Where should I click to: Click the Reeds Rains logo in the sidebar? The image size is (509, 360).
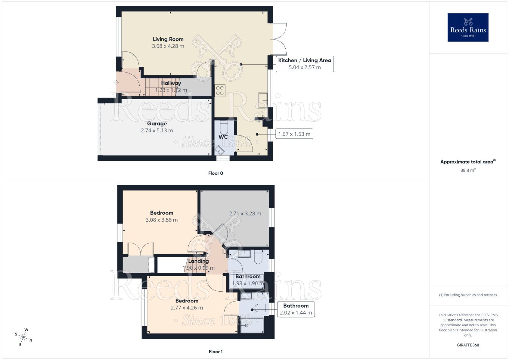click(x=468, y=27)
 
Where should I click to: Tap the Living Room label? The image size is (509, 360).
click(x=168, y=39)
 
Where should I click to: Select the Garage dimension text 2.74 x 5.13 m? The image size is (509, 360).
click(x=157, y=130)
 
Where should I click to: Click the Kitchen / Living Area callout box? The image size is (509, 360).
click(x=304, y=64)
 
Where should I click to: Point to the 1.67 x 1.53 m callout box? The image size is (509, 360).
click(x=294, y=134)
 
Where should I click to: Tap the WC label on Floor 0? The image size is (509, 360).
click(x=223, y=137)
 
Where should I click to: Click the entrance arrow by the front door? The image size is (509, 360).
click(x=116, y=82)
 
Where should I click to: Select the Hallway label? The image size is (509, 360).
click(x=171, y=83)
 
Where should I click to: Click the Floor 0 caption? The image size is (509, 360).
click(x=215, y=173)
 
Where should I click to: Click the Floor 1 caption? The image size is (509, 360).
click(x=215, y=351)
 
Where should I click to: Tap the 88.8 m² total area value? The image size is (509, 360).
click(x=468, y=170)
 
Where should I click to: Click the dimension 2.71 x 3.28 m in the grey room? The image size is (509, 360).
click(x=245, y=213)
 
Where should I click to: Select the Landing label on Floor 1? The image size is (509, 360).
click(x=198, y=261)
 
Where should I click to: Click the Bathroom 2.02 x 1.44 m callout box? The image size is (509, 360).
click(x=296, y=309)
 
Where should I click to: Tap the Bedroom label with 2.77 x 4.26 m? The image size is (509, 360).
click(x=187, y=301)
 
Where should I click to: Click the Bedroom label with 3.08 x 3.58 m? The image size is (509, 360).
click(x=162, y=213)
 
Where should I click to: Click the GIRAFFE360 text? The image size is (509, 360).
click(x=468, y=345)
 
